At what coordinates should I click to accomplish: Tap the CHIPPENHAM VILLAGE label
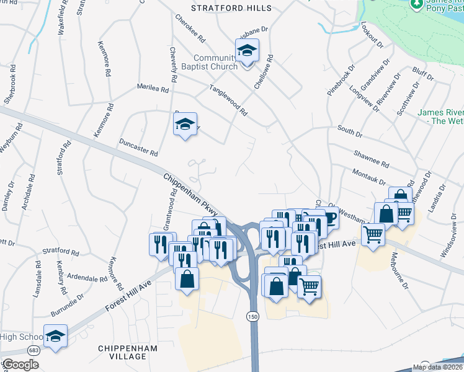[122, 353]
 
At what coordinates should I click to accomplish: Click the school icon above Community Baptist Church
[247, 51]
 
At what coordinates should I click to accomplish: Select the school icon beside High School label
[55, 336]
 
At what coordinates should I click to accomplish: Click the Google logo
[20, 365]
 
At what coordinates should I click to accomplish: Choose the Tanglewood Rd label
[228, 100]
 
